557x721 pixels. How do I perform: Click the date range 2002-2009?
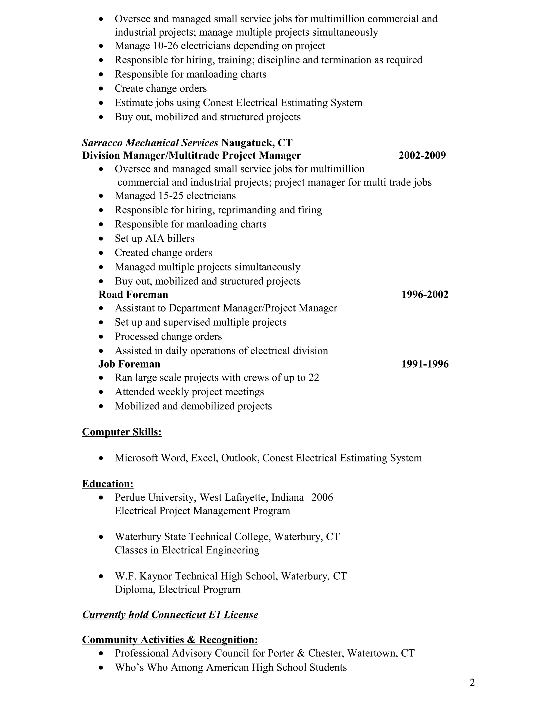coord(422,155)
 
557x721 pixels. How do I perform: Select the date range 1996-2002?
coord(425,294)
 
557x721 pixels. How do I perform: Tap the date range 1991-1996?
coord(425,364)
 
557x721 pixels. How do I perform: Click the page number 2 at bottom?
coord(472,682)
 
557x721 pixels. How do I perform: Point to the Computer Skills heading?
coord(122,432)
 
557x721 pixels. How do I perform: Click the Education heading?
coord(108,484)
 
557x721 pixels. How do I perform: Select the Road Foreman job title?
coord(133,294)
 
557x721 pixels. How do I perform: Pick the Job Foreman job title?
coord(129,364)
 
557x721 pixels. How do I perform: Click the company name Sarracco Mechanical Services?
coord(150,143)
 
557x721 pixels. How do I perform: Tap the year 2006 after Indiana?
coord(322,498)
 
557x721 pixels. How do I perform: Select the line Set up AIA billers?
coord(154,238)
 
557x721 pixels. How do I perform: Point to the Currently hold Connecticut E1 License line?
coord(170,615)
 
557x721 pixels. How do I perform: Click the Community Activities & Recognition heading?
coord(170,640)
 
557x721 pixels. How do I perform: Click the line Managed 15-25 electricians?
coord(175,196)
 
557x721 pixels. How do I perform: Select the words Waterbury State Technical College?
coord(193,537)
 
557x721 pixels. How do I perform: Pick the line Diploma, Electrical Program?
coord(178,590)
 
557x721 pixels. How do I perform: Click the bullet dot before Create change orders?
coord(101,89)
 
